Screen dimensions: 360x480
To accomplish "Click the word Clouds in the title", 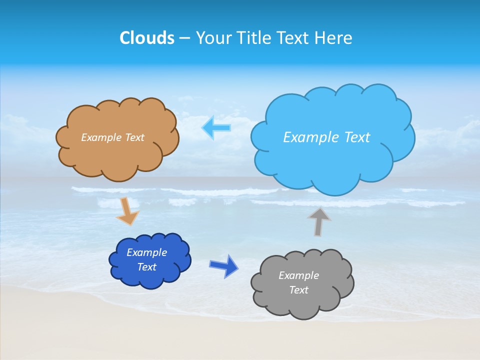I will click(147, 38).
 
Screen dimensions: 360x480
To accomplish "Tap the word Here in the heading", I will click(334, 38).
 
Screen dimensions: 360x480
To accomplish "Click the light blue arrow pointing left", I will click(216, 128).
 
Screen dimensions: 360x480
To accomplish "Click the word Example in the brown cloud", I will click(101, 137).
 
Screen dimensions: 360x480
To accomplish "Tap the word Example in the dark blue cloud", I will click(147, 252).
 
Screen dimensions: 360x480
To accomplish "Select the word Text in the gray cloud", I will click(298, 290).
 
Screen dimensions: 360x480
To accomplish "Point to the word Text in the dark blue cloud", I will click(147, 267).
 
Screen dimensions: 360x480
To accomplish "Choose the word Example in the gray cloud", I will click(298, 275).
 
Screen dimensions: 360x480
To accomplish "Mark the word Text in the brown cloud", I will click(133, 137).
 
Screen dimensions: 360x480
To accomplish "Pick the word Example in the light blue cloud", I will click(308, 137).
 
